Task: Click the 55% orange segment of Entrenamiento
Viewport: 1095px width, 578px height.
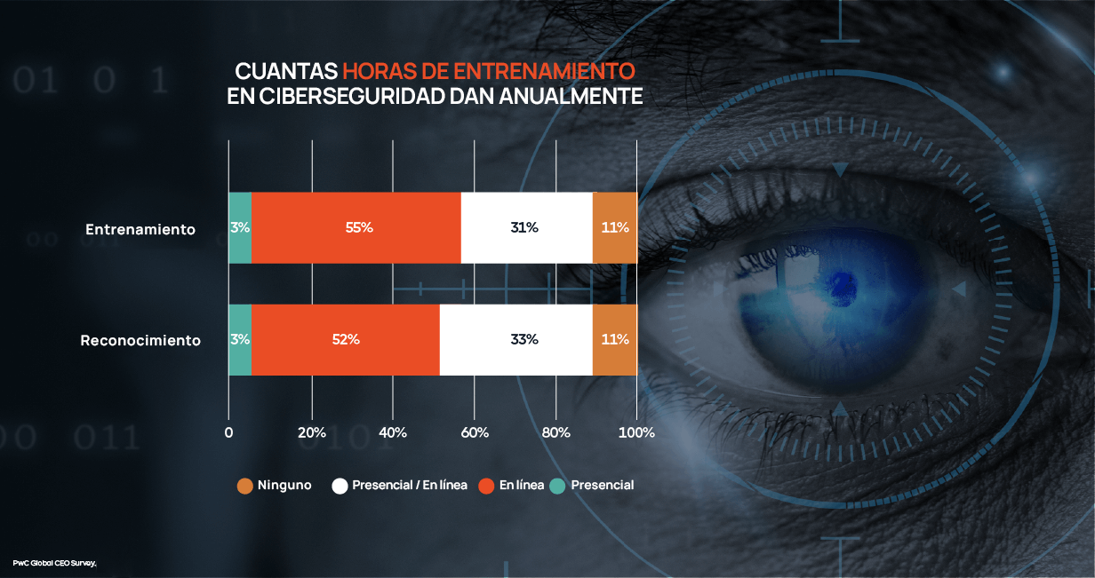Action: coord(357,227)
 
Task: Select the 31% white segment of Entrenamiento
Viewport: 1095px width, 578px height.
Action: coord(525,227)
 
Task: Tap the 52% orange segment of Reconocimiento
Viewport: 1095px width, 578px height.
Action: coord(346,339)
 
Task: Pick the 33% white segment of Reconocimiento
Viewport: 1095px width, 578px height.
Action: coord(516,339)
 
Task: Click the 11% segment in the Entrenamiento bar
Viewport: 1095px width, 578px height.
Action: coord(615,227)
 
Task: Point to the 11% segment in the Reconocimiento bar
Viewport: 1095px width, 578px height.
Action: coord(615,339)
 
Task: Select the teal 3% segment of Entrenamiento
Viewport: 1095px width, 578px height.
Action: coord(240,227)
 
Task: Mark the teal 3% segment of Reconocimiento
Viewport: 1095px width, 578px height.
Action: coord(240,339)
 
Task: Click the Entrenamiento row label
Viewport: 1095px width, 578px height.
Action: coord(140,229)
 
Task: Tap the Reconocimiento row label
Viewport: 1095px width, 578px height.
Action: coord(140,340)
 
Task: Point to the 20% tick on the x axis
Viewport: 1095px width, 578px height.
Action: coord(311,432)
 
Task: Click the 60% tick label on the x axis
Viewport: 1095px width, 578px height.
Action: coord(475,432)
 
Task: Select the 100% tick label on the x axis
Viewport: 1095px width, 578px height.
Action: coord(636,432)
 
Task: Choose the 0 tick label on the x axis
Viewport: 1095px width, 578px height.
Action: coord(228,432)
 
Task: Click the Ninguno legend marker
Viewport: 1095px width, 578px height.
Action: coord(245,486)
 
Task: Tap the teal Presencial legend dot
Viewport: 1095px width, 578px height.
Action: coord(557,486)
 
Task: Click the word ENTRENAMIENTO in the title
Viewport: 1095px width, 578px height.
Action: coord(546,71)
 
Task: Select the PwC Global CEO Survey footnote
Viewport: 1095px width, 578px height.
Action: coord(53,563)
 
